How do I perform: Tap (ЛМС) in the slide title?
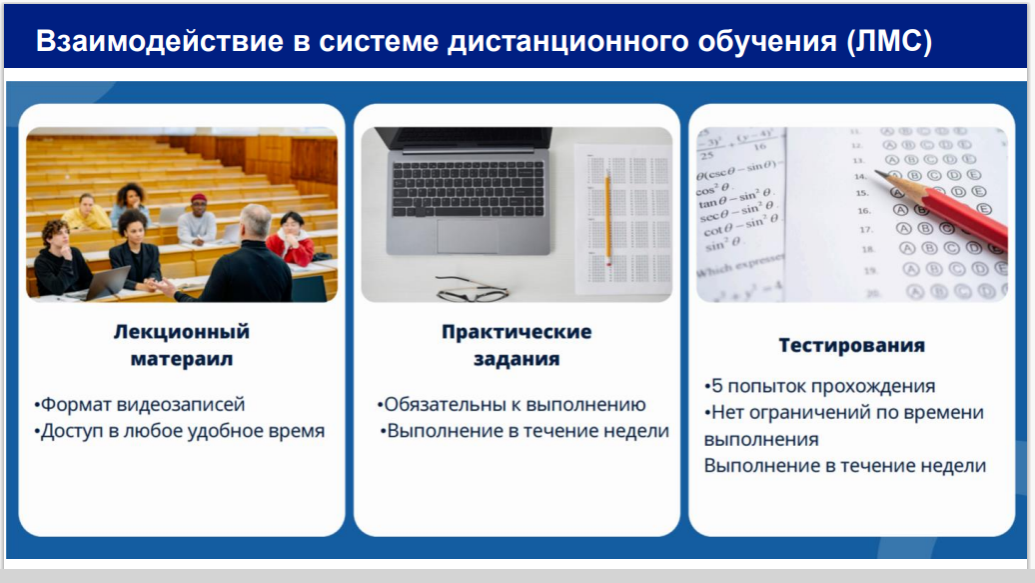tap(889, 42)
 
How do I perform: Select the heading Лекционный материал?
tap(182, 345)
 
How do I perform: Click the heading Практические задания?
tap(517, 345)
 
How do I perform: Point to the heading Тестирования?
tap(851, 345)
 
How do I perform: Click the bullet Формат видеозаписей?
tap(139, 404)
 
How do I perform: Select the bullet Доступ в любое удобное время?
tap(180, 431)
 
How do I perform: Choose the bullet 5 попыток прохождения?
tap(820, 386)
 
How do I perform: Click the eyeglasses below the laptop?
tap(473, 289)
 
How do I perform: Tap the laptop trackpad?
tap(468, 237)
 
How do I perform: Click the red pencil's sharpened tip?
tap(878, 173)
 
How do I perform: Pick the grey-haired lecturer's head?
tap(255, 222)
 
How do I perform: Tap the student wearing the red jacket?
tap(291, 238)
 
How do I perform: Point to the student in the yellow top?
tap(87, 212)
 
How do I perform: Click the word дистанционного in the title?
tap(568, 41)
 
